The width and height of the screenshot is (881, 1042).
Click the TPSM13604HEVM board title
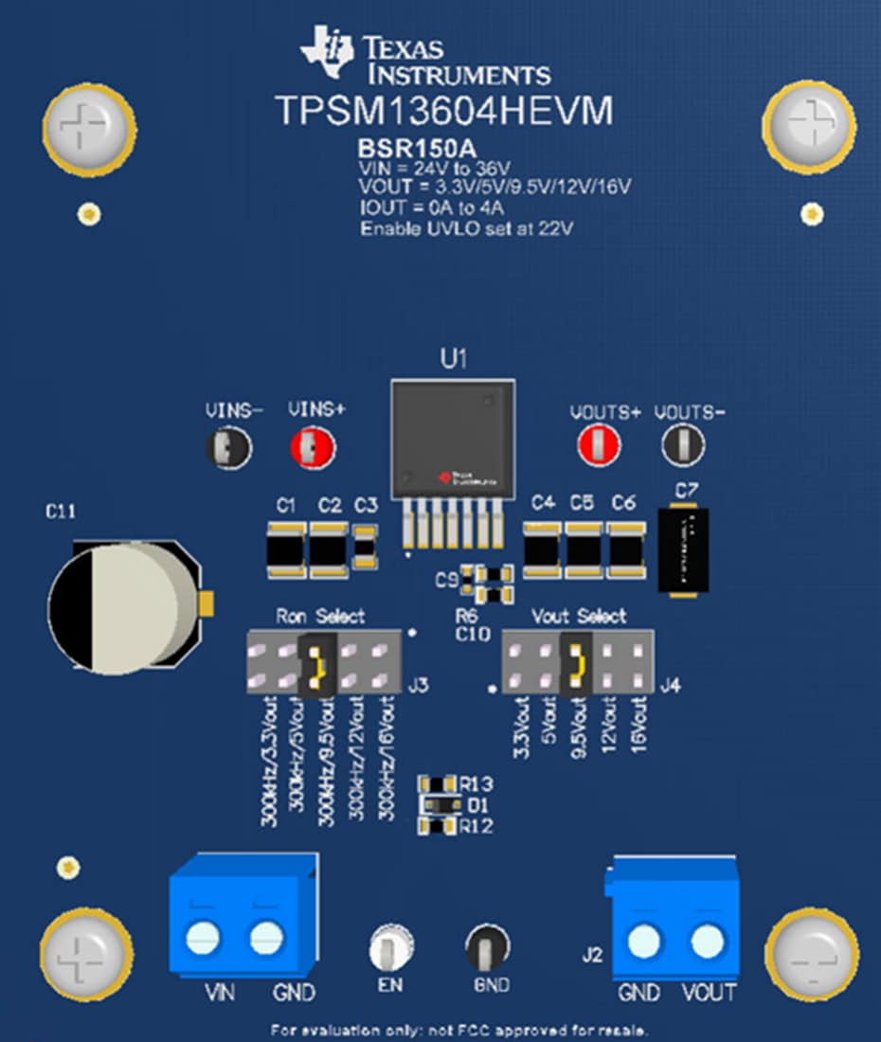[x=443, y=111]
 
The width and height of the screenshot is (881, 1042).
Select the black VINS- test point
[x=228, y=446]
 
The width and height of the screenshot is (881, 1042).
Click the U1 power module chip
[x=454, y=436]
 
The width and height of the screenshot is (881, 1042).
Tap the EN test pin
[x=390, y=945]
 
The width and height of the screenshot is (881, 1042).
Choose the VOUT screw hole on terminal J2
[x=707, y=942]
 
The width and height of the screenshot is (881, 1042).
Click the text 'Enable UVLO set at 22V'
[x=467, y=228]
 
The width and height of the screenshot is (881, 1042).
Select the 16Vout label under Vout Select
[x=637, y=725]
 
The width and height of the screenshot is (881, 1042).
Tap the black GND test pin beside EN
[x=487, y=944]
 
